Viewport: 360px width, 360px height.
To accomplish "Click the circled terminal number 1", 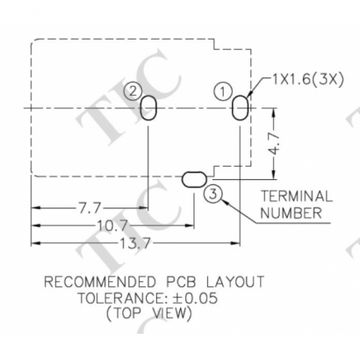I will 224,90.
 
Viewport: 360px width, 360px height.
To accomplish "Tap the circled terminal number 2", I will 133,90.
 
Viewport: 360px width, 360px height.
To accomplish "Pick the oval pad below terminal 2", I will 150,109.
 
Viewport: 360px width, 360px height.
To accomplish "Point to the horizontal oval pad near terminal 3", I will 192,180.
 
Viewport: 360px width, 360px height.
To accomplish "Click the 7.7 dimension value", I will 89,208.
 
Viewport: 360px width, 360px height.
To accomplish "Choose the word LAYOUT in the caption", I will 231,282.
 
